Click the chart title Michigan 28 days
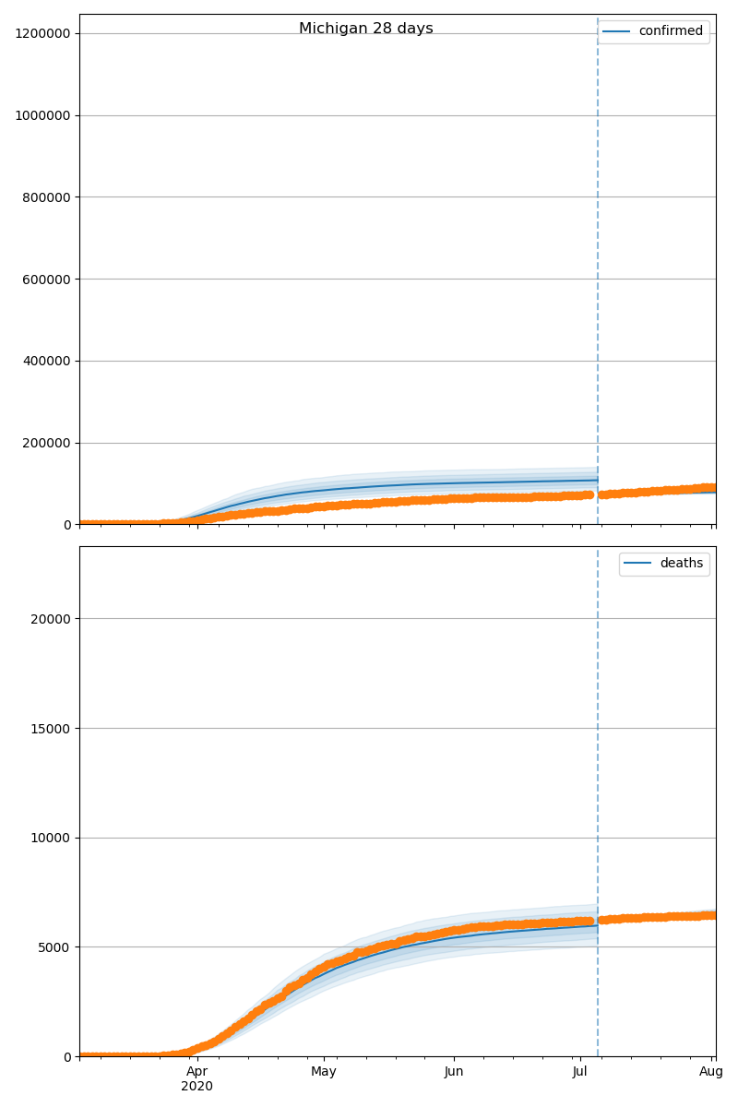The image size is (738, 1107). point(366,29)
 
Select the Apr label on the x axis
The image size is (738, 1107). point(196,1072)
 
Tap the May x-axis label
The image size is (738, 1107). point(324,1072)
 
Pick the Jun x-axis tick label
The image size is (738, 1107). point(454,1072)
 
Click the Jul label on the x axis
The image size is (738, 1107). point(580,1072)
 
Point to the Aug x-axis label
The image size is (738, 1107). point(711,1072)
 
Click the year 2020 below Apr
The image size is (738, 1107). point(196,1087)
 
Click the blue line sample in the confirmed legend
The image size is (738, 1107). point(618,31)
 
